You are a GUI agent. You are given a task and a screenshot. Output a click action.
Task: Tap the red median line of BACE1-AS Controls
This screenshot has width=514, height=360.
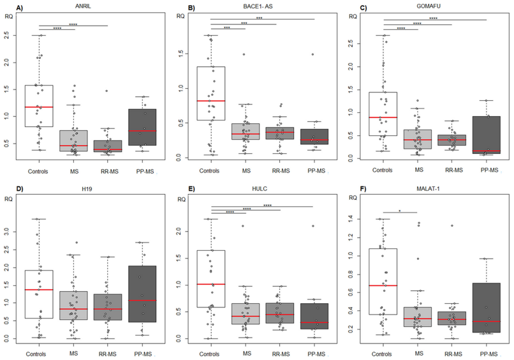[210, 101]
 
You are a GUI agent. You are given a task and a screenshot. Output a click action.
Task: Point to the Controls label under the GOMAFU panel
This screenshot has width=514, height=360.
[383, 170]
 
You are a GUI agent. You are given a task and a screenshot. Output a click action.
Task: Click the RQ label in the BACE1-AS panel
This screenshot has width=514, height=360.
[181, 16]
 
